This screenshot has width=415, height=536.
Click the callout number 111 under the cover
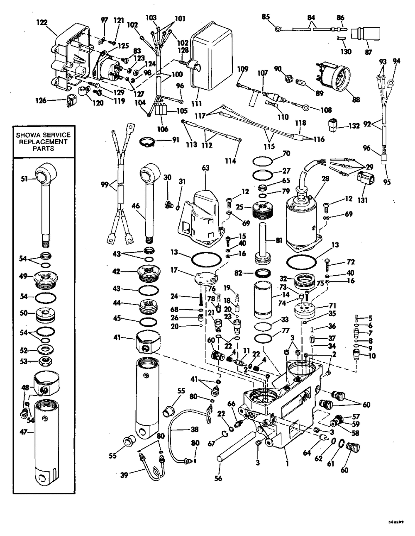[x=195, y=103]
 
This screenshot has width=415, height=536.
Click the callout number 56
[x=218, y=478]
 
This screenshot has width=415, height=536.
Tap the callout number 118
[x=300, y=123]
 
